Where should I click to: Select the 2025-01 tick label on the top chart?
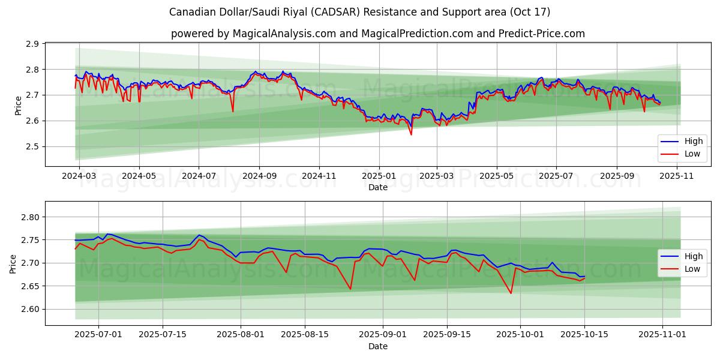coord(379,176)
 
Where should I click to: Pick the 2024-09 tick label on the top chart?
coord(259,176)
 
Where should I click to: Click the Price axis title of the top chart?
coord(18,105)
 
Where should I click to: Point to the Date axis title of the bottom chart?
coord(378,346)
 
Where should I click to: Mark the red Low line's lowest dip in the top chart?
coord(411,134)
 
